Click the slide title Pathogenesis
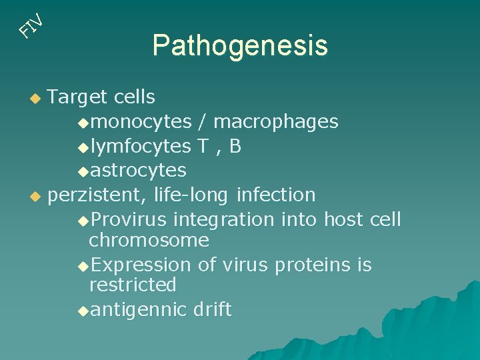pyautogui.click(x=240, y=46)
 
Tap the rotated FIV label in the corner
pyautogui.click(x=31, y=25)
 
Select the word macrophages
pyautogui.click(x=276, y=122)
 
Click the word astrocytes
pyautogui.click(x=138, y=171)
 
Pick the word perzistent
pyautogui.click(x=98, y=195)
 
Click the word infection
pyautogui.click(x=276, y=195)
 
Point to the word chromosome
pyautogui.click(x=149, y=240)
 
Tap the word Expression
pyautogui.click(x=141, y=265)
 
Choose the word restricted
pyautogui.click(x=133, y=285)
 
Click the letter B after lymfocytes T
pyautogui.click(x=234, y=146)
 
